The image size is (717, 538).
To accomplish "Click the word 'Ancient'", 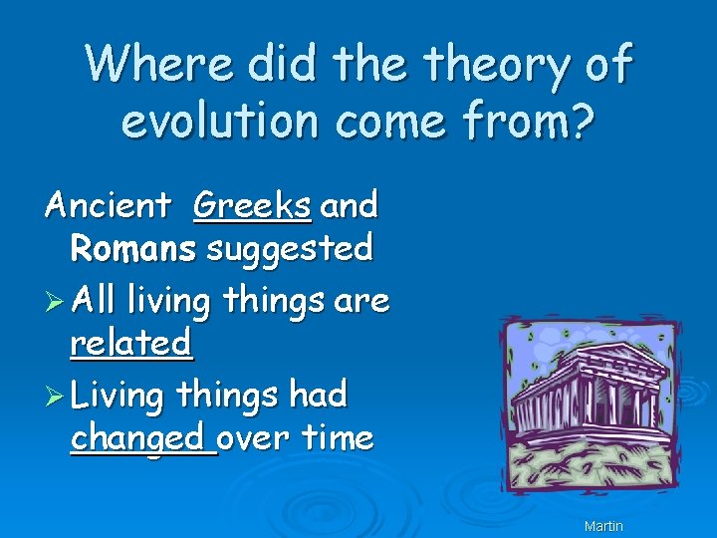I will tap(109, 205).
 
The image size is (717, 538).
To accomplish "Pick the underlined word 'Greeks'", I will tap(252, 206).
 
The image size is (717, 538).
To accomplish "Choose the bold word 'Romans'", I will tap(133, 248).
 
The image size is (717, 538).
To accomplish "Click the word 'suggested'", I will tap(290, 248).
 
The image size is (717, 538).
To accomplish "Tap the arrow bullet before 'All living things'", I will tap(58, 300).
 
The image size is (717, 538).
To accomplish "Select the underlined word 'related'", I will tap(130, 343).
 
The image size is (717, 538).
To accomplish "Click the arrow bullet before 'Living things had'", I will tap(58, 396).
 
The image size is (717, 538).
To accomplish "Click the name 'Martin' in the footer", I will tap(603, 525).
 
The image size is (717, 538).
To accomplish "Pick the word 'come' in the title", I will tap(388, 122).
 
